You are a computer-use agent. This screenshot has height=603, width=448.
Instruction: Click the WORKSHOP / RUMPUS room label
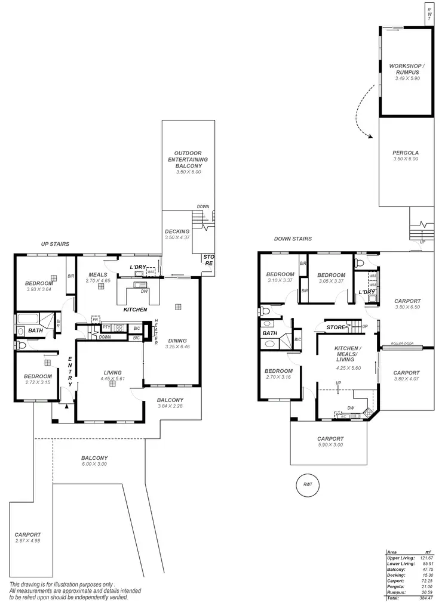coord(406,69)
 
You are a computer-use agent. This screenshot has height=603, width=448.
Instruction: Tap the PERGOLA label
coord(406,153)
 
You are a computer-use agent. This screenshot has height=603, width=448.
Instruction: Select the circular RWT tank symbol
coord(308,484)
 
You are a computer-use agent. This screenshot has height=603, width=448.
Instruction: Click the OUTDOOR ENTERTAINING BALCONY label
coord(188,160)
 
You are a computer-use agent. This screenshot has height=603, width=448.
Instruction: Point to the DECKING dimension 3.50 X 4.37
coord(177,238)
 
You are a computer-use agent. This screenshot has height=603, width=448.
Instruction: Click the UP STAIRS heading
coord(55,244)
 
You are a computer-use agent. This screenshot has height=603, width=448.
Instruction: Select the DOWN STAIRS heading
coord(293,239)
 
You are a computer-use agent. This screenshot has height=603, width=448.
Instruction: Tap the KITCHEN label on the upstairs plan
coord(135,310)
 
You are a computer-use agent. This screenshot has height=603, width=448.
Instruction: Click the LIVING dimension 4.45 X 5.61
coord(112,378)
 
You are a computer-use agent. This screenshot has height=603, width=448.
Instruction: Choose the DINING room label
coord(177,341)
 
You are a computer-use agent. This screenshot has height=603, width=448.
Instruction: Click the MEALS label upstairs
coord(97,275)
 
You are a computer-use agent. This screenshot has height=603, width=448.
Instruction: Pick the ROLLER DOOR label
coord(402,344)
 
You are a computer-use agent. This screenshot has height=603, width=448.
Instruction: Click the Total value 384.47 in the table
coord(425,598)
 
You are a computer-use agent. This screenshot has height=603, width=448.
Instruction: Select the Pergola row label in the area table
coord(396,586)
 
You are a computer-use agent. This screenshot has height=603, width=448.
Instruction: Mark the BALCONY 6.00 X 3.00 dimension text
coord(94,464)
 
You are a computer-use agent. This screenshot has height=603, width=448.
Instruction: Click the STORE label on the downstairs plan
coord(336,327)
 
